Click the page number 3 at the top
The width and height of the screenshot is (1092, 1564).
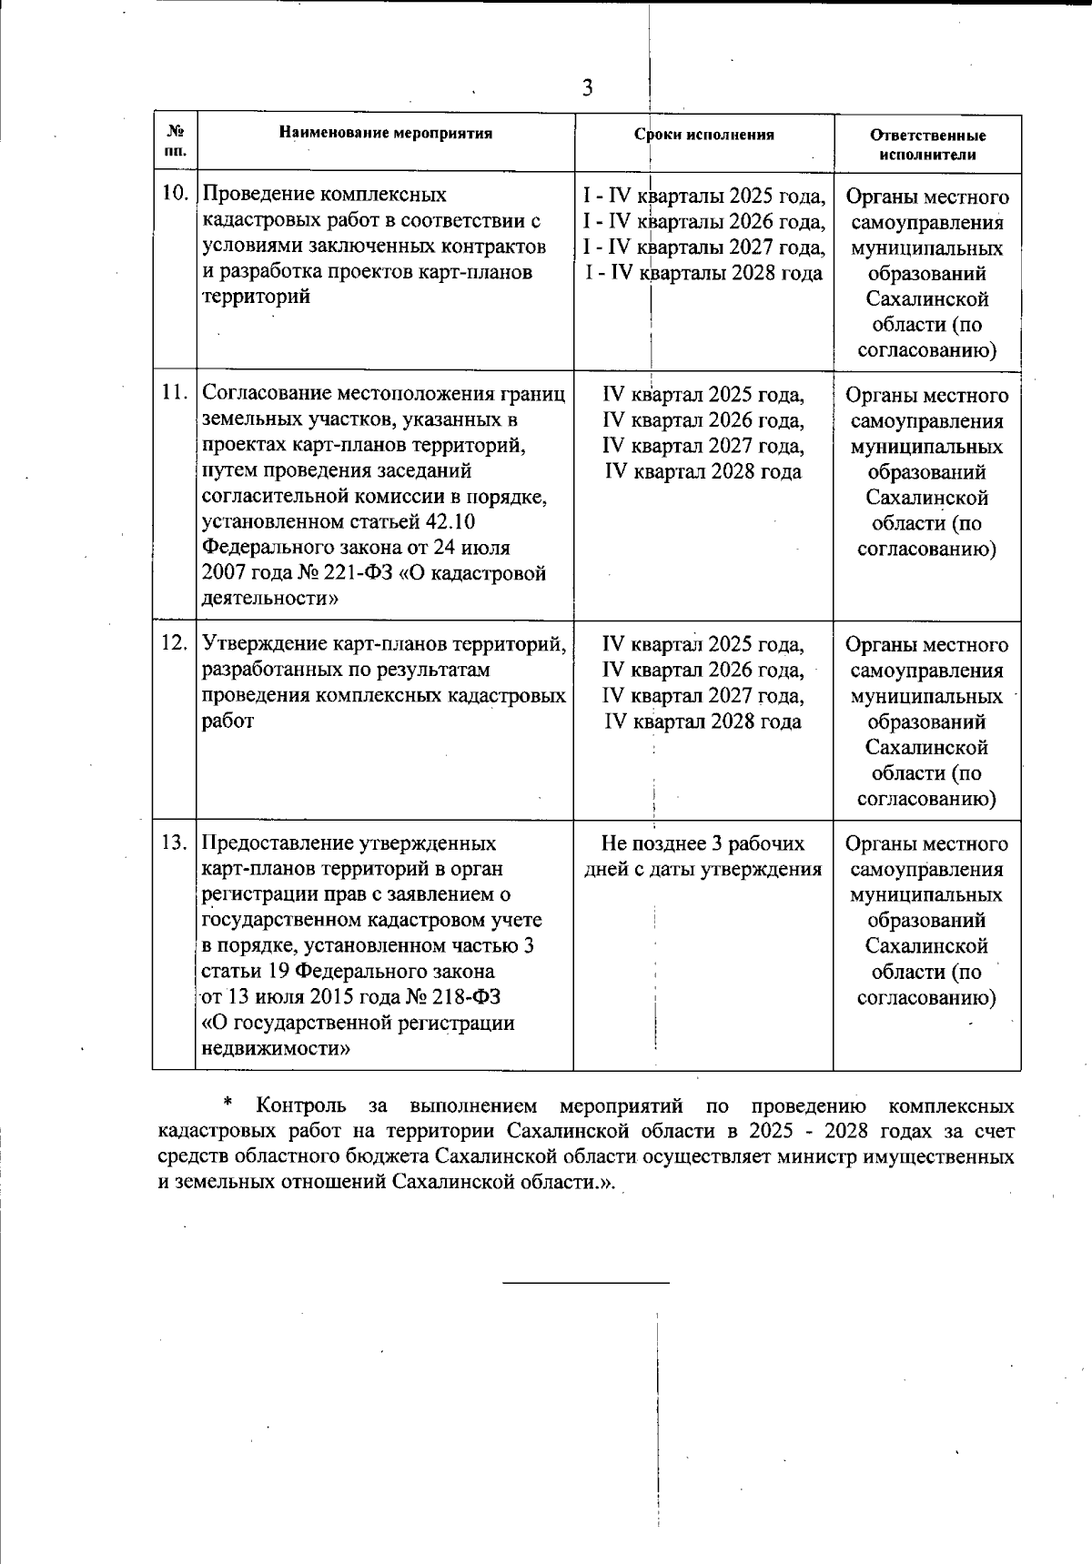pyautogui.click(x=587, y=88)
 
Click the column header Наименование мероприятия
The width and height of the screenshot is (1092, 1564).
pyautogui.click(x=386, y=134)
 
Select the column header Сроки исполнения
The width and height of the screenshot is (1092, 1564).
pyautogui.click(x=704, y=135)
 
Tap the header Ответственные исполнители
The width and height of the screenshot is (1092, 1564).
pyautogui.click(x=927, y=145)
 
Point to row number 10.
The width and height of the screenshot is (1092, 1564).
pyautogui.click(x=174, y=194)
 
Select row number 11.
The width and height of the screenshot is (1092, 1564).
pyautogui.click(x=174, y=393)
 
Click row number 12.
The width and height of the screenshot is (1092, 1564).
pyautogui.click(x=174, y=642)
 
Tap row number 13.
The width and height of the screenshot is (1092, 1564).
pyautogui.click(x=174, y=842)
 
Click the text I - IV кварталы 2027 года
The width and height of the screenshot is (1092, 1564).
pyautogui.click(x=704, y=247)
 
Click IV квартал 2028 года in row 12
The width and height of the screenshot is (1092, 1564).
pyautogui.click(x=703, y=721)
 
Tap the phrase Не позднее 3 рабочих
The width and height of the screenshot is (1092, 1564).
pyautogui.click(x=703, y=843)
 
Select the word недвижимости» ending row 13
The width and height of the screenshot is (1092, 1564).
pyautogui.click(x=276, y=1048)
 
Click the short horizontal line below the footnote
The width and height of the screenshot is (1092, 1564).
pyautogui.click(x=586, y=1283)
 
